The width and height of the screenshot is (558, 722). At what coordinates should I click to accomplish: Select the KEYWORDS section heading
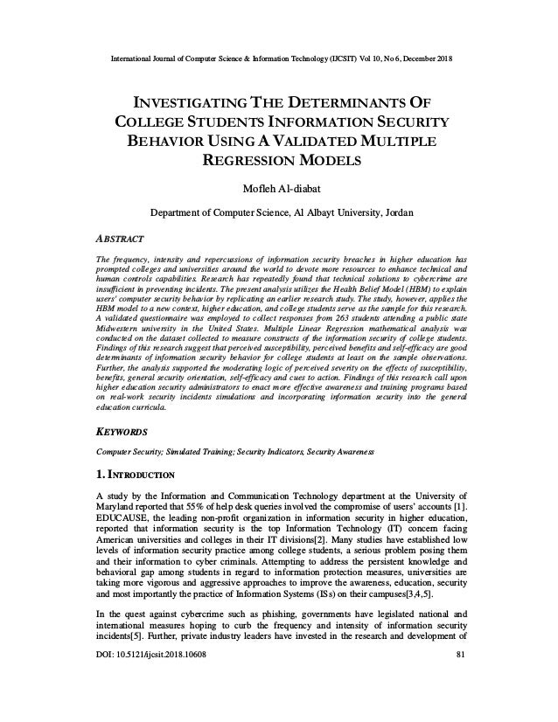(122, 432)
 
